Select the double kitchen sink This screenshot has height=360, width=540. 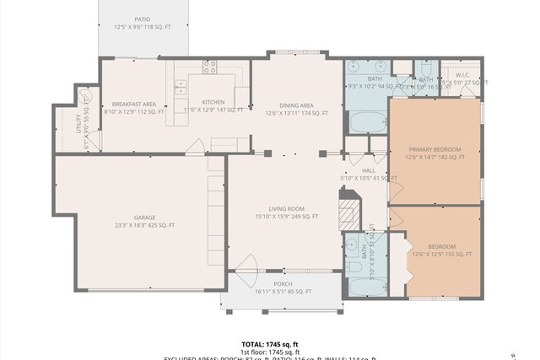tap(180, 83)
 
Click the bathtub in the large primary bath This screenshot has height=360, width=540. tap(367, 121)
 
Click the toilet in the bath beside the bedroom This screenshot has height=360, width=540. tap(354, 267)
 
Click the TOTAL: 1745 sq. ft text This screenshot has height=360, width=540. tap(269, 344)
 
